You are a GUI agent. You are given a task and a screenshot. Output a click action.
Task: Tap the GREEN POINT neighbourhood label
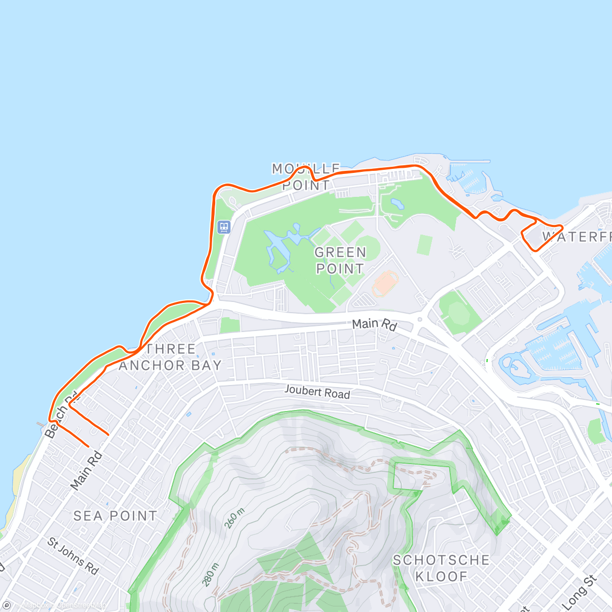[x=340, y=261]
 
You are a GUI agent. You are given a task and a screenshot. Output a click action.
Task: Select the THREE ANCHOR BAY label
[x=170, y=357]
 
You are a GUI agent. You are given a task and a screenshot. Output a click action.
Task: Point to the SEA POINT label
[x=115, y=516]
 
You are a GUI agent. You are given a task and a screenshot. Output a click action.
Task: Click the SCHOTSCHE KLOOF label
[x=441, y=568]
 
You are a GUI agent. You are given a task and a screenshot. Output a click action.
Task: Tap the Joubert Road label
[x=317, y=392]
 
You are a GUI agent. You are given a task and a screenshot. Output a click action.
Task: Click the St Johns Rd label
[x=73, y=555]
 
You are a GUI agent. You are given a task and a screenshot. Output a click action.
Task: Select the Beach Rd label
[x=62, y=415]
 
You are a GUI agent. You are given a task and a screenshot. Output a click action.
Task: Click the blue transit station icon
[x=224, y=227]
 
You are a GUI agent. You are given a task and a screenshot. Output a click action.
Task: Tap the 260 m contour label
[x=235, y=518]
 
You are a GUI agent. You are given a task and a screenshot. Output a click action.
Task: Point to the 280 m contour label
[x=210, y=574]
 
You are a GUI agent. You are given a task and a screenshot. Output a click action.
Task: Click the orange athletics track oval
[x=385, y=284]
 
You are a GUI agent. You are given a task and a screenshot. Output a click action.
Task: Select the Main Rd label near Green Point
[x=374, y=324]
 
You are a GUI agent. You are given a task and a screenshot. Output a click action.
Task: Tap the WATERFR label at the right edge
[x=576, y=237]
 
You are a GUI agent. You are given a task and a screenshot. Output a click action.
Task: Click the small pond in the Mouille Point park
[x=396, y=205]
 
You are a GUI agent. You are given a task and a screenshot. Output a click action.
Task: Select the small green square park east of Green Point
[x=424, y=245]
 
